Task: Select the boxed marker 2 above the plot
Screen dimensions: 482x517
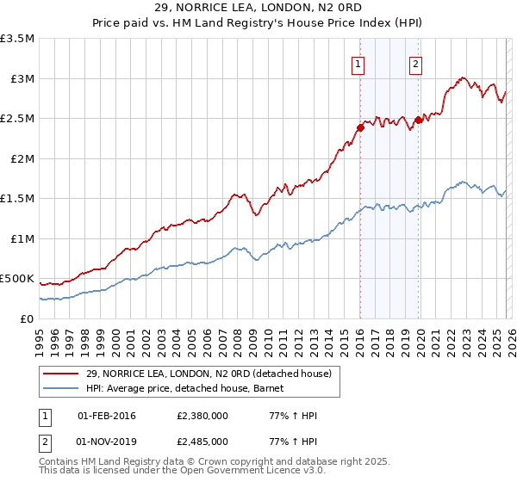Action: click(415, 63)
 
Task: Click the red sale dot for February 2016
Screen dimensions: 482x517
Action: click(360, 128)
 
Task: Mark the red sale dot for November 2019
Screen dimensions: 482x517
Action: click(418, 120)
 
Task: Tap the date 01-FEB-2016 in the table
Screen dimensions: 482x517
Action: click(113, 416)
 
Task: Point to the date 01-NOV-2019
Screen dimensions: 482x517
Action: click(113, 442)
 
